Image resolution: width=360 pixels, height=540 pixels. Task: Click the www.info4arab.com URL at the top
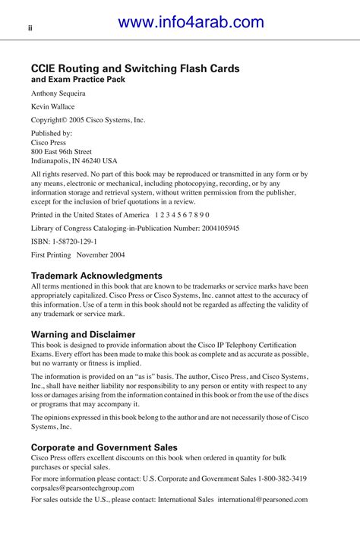point(191,23)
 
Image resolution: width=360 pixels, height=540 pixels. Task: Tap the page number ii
point(30,29)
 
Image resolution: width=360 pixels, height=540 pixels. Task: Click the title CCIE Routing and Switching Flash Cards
point(135,68)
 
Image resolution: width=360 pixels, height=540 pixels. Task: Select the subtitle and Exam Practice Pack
point(78,79)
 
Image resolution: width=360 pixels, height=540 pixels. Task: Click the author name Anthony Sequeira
point(58,93)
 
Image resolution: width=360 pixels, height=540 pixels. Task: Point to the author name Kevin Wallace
point(52,107)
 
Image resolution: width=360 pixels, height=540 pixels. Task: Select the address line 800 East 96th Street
point(62,151)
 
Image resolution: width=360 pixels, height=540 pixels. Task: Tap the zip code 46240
point(89,161)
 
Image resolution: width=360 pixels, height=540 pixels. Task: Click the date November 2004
point(101,254)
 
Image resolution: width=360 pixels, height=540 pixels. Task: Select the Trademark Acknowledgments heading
point(96,276)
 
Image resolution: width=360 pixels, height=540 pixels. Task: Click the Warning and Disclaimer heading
point(83,334)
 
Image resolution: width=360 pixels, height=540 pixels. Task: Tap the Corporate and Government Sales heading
point(104,447)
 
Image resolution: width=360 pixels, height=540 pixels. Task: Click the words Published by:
point(51,133)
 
